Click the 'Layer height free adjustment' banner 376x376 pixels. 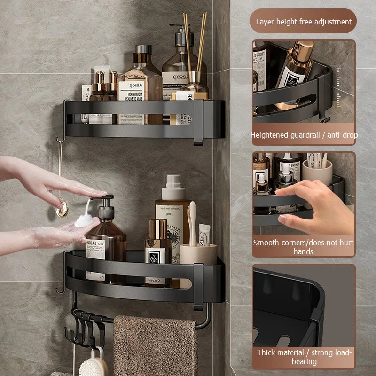pyautogui.click(x=304, y=22)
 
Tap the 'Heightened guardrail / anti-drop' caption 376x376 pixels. pyautogui.click(x=304, y=135)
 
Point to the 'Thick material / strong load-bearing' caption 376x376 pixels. pyautogui.click(x=304, y=357)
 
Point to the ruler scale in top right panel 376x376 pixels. pyautogui.click(x=338, y=87)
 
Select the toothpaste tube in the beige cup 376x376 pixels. pyautogui.click(x=204, y=235)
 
